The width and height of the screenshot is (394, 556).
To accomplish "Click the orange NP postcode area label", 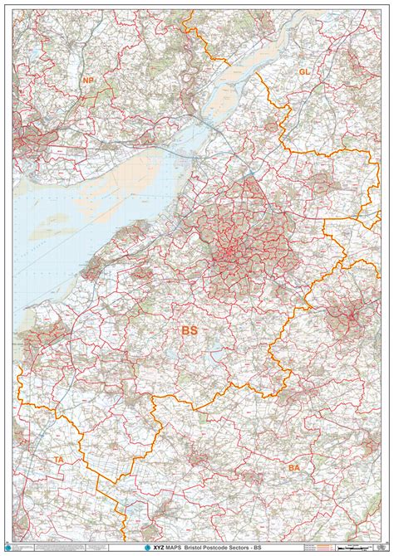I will (89, 80).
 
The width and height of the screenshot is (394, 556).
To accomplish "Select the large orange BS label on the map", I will (190, 330).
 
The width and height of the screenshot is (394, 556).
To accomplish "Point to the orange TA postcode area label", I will (59, 459).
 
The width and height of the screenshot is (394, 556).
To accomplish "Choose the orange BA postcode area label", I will (294, 468).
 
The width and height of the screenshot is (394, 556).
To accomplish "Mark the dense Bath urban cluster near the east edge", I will (349, 315).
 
